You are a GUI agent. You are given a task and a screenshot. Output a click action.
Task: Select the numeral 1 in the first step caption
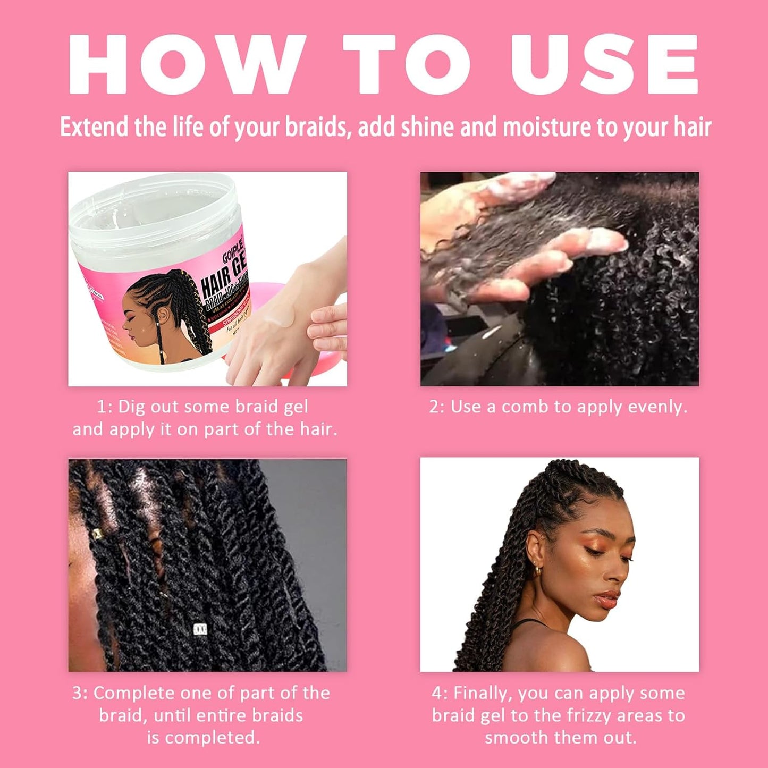tap(102, 407)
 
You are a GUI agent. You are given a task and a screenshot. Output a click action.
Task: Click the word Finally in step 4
tap(482, 693)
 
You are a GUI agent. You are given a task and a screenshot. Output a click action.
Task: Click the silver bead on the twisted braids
tap(200, 629)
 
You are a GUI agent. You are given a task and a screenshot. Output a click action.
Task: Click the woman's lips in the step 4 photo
tap(606, 601)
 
